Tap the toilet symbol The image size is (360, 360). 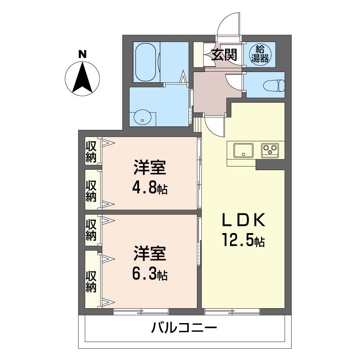(x=274, y=86)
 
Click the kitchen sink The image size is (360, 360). (x=243, y=150)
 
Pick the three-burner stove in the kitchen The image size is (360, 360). (x=270, y=150)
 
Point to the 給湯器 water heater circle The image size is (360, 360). (x=260, y=54)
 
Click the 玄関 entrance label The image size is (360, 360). (x=224, y=55)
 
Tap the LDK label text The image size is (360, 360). (x=243, y=220)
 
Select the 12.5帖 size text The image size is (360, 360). (x=243, y=240)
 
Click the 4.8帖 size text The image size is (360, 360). (x=150, y=187)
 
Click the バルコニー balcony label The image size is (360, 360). (x=184, y=327)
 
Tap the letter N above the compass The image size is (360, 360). (x=82, y=54)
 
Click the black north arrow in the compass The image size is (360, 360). (x=82, y=77)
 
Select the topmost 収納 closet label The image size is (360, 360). (x=91, y=151)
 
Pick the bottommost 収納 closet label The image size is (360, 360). (x=91, y=282)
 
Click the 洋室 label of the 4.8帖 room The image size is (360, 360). (x=150, y=167)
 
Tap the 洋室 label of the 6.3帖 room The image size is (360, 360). (x=150, y=253)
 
